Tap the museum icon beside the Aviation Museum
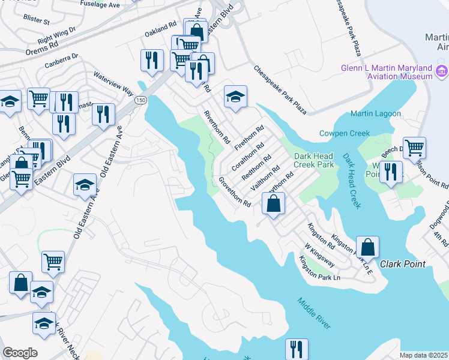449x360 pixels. coord(442,73)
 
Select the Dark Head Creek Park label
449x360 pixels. coord(313,160)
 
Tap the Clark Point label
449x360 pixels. coord(402,264)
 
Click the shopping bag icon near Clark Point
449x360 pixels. coord(367,247)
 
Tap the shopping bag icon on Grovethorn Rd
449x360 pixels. coord(273,203)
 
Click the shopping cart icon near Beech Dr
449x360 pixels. coord(414,147)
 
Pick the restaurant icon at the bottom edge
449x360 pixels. coord(296,349)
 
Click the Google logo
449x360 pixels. coord(20,353)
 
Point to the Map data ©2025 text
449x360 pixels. coord(423,355)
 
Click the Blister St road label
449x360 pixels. coord(37,20)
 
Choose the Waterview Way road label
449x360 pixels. coord(113,83)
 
